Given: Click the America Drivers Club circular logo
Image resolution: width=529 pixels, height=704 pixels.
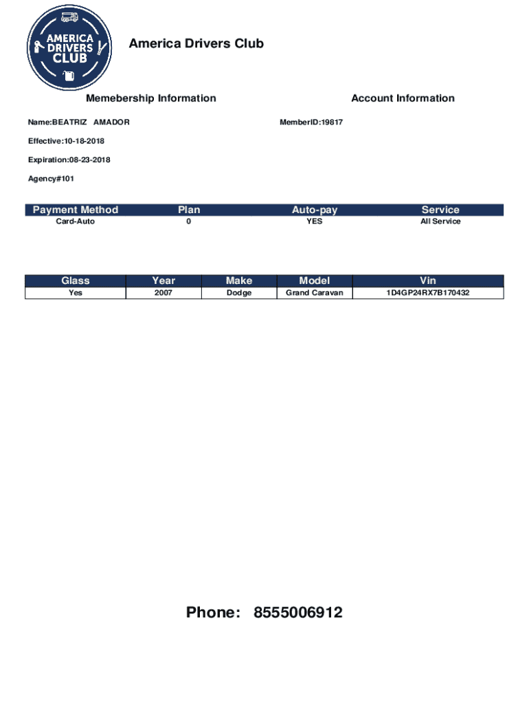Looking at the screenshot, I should pyautogui.click(x=70, y=47).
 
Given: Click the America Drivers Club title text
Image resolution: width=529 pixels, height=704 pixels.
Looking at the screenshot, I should pyautogui.click(x=196, y=44).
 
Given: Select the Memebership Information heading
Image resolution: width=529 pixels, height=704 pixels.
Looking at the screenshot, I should pyautogui.click(x=150, y=98).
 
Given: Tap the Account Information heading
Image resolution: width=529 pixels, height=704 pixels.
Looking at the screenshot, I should pyautogui.click(x=403, y=98).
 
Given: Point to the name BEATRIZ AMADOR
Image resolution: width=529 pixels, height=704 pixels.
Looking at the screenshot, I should pyautogui.click(x=78, y=122).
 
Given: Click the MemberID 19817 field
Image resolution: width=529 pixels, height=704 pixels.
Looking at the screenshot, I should pyautogui.click(x=311, y=122).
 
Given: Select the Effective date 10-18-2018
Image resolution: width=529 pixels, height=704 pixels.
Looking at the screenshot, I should pyautogui.click(x=66, y=141).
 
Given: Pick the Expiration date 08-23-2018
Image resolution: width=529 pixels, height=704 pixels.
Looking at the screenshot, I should pyautogui.click(x=69, y=160).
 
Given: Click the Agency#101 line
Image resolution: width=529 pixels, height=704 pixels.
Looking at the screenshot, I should pyautogui.click(x=51, y=179).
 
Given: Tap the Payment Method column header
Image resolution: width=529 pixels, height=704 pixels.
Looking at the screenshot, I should pyautogui.click(x=76, y=210).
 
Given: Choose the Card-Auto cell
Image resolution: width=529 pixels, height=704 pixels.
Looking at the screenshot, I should pyautogui.click(x=76, y=221).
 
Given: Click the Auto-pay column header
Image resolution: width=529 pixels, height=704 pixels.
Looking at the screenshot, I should pyautogui.click(x=315, y=210).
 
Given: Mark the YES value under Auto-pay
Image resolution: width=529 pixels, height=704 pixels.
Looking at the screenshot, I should pyautogui.click(x=315, y=221).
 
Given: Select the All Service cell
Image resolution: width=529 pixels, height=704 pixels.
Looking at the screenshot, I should pyautogui.click(x=440, y=221).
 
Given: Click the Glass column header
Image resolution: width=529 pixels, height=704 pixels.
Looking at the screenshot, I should pyautogui.click(x=76, y=280).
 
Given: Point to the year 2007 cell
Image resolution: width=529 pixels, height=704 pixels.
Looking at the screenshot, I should pyautogui.click(x=164, y=293).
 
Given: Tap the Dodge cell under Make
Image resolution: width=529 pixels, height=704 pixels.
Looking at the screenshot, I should pyautogui.click(x=239, y=293).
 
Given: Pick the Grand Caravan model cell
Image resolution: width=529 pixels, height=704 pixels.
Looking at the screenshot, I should pyautogui.click(x=315, y=293).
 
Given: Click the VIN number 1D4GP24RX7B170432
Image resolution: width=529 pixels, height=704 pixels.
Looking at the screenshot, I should pyautogui.click(x=428, y=293).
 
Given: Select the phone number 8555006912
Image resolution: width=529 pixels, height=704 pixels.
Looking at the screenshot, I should pyautogui.click(x=297, y=613).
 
